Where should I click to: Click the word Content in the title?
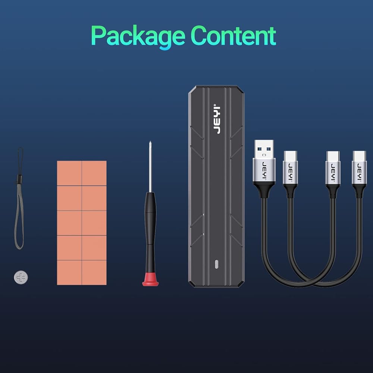233,36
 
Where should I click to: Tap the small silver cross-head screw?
21,277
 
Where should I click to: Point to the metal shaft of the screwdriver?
150,168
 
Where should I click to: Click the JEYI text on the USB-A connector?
264,170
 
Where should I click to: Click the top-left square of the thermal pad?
69,173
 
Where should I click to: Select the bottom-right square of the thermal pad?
94,272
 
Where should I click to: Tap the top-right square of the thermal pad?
94,173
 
